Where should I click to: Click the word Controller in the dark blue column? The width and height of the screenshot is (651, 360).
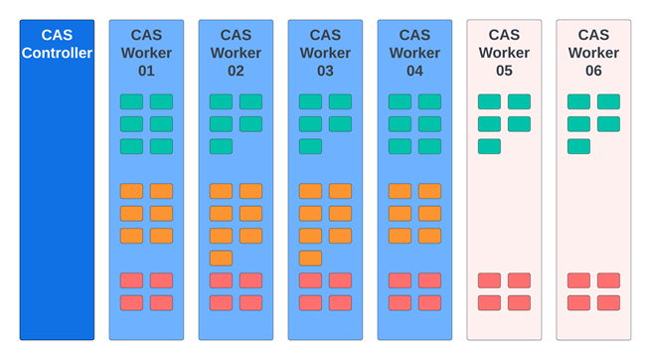pyautogui.click(x=57, y=53)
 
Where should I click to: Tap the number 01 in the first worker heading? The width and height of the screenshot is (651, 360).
pyautogui.click(x=146, y=71)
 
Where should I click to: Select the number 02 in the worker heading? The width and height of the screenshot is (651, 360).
pyautogui.click(x=236, y=71)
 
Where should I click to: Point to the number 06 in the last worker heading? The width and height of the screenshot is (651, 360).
pyautogui.click(x=593, y=71)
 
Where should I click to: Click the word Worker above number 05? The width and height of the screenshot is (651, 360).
pyautogui.click(x=504, y=53)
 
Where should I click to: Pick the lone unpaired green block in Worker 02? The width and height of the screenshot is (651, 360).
pyautogui.click(x=221, y=146)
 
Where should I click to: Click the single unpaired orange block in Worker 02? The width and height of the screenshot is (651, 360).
pyautogui.click(x=221, y=259)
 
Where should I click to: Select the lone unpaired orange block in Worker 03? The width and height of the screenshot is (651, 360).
pyautogui.click(x=310, y=259)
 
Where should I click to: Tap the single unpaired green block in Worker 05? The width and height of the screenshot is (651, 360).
pyautogui.click(x=489, y=146)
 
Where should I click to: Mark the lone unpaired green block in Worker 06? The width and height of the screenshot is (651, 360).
pyautogui.click(x=578, y=146)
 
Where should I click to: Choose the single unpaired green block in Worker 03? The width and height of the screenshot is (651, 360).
pyautogui.click(x=310, y=146)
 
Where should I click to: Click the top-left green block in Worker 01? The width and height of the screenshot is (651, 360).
pyautogui.click(x=131, y=101)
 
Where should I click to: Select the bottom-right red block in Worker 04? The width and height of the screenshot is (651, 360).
pyautogui.click(x=429, y=302)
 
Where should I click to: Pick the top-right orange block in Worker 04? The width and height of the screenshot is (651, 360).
pyautogui.click(x=429, y=191)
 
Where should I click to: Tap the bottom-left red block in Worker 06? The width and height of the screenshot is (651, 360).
pyautogui.click(x=578, y=302)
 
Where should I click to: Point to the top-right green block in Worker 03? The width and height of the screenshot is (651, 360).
pyautogui.click(x=340, y=101)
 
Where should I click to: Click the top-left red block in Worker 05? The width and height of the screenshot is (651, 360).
pyautogui.click(x=489, y=280)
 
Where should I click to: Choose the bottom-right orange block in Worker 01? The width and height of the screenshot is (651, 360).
pyautogui.click(x=161, y=236)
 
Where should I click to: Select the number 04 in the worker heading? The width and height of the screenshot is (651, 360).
pyautogui.click(x=414, y=71)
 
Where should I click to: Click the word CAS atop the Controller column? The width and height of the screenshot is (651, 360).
pyautogui.click(x=57, y=35)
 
